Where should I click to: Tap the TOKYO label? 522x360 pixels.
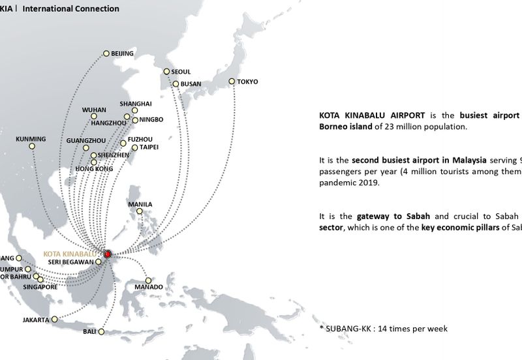pyautogui.click(x=247, y=82)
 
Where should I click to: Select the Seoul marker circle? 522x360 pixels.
pyautogui.click(x=166, y=72)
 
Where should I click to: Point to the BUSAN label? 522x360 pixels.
pyautogui.click(x=191, y=84)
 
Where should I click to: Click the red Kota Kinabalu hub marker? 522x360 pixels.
pyautogui.click(x=108, y=254)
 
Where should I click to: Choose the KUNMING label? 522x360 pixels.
pyautogui.click(x=31, y=139)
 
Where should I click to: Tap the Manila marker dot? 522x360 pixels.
pyautogui.click(x=140, y=211)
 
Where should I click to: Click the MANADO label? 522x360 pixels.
pyautogui.click(x=148, y=287)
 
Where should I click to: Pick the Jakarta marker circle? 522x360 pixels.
pyautogui.click(x=54, y=320)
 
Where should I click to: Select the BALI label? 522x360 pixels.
pyautogui.click(x=89, y=331)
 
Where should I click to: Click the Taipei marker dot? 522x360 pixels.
pyautogui.click(x=135, y=148)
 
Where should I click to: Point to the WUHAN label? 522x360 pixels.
pyautogui.click(x=94, y=110)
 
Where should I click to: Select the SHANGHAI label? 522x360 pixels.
pyautogui.click(x=136, y=104)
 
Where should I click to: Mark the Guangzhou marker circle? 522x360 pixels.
pyautogui.click(x=86, y=149)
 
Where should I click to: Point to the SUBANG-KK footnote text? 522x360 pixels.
pyautogui.click(x=383, y=328)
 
